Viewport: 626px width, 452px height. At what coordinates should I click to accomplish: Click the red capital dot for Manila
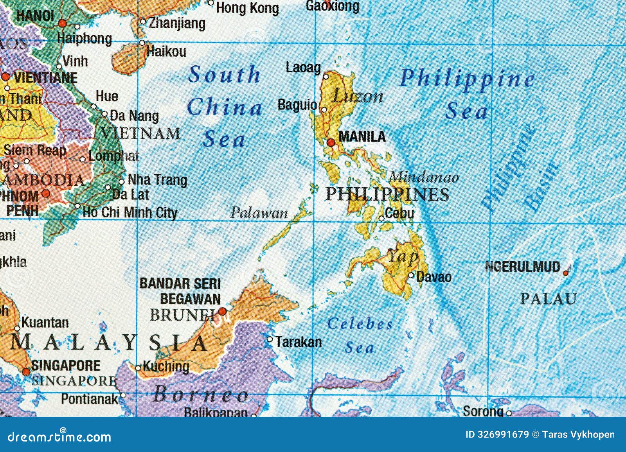[331, 142]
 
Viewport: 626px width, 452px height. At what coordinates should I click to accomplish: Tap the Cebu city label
[399, 213]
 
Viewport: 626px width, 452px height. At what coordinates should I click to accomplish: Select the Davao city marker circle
[411, 275]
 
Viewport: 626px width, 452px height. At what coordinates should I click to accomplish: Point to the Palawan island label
[259, 213]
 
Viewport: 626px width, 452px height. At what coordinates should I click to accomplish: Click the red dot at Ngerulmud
[566, 273]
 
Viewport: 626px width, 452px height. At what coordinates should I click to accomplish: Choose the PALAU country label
[548, 299]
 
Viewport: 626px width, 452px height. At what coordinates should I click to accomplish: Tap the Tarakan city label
[299, 342]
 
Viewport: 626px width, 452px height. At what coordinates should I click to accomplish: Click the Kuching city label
[165, 367]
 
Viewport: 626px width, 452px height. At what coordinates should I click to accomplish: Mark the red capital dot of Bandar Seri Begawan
[222, 311]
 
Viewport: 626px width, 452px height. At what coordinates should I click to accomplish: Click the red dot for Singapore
[26, 371]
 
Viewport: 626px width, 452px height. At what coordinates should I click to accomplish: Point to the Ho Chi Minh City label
[130, 213]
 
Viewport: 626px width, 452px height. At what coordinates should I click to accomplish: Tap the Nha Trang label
[157, 180]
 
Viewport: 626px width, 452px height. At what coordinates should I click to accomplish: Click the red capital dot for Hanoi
[62, 23]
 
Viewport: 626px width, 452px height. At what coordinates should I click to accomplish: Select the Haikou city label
[167, 51]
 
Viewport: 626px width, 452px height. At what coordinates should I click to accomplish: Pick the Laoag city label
[303, 68]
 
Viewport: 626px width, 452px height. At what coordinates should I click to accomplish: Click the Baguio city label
[297, 105]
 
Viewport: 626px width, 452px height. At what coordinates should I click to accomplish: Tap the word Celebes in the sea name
[360, 324]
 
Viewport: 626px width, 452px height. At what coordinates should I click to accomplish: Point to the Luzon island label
[357, 96]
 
